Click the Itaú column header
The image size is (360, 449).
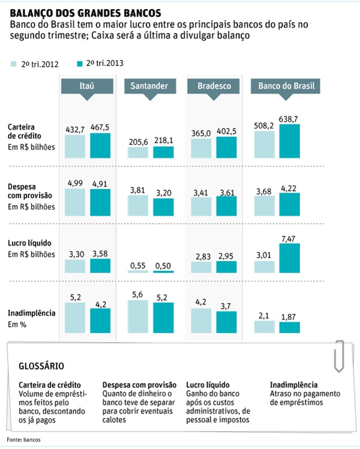[x=86, y=86]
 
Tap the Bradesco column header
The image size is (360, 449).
[x=214, y=86]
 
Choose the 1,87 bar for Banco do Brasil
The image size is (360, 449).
[x=289, y=327]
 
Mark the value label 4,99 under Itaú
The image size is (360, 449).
[x=75, y=183]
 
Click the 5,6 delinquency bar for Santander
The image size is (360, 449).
[x=137, y=316]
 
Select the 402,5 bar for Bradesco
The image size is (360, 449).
[x=226, y=147]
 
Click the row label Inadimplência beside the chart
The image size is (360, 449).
[x=32, y=313]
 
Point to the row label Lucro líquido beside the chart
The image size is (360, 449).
[x=31, y=243]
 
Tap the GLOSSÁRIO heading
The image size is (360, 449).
[x=41, y=365]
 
